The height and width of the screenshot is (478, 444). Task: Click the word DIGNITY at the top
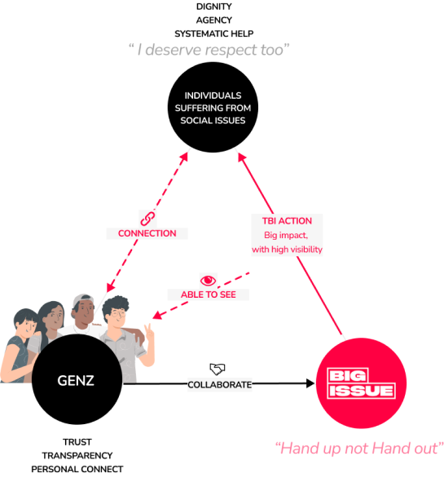point(213,7)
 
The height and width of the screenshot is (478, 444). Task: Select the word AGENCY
point(213,20)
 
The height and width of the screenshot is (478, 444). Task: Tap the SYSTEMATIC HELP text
point(213,33)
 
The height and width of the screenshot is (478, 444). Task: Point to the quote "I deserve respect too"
point(209,50)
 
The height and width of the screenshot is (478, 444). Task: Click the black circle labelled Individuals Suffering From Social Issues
point(213,108)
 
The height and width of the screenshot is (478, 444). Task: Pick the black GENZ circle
point(77,379)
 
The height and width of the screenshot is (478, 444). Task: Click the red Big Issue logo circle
point(361,383)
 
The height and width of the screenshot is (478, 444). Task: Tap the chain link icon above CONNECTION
point(147,219)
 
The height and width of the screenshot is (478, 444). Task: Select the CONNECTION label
point(147,233)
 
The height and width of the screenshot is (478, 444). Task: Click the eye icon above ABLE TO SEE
point(208,281)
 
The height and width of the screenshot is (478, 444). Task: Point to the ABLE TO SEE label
point(209,294)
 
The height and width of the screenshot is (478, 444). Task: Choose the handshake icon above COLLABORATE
point(218,370)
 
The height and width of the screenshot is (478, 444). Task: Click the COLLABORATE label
point(220,385)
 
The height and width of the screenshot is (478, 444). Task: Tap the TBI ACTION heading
point(287,221)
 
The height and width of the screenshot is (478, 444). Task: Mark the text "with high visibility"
point(287,250)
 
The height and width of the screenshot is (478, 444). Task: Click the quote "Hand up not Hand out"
point(359,449)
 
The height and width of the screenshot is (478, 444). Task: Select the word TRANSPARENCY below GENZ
point(77,455)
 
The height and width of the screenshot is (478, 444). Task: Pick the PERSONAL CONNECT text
point(77,469)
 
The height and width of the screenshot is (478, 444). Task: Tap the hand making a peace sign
point(149,331)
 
